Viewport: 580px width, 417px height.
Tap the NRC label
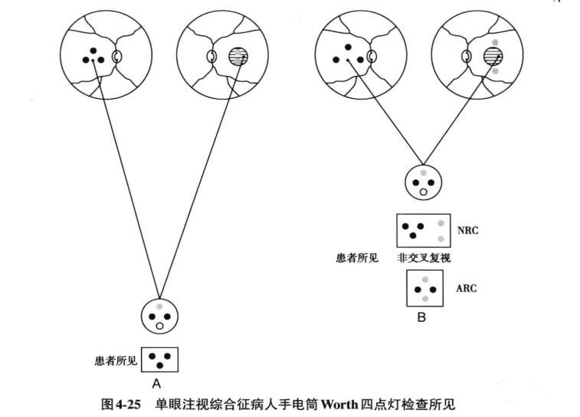tap(467, 230)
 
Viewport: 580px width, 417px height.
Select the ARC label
tap(467, 289)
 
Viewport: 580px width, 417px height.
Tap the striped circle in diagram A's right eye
tap(238, 56)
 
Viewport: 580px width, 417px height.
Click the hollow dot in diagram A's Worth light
tap(159, 325)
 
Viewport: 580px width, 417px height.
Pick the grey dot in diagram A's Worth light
tap(159, 307)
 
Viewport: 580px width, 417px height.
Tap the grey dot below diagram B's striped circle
tap(496, 71)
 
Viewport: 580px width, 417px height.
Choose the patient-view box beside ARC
tap(424, 290)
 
